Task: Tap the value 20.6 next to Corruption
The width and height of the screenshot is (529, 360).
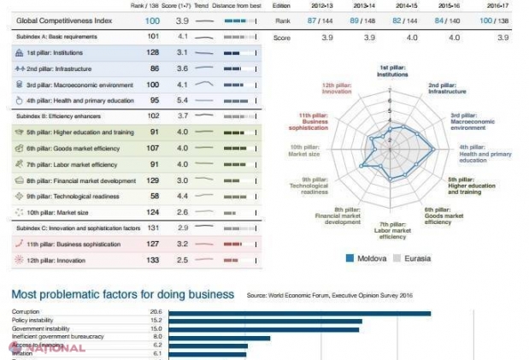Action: pos(156,313)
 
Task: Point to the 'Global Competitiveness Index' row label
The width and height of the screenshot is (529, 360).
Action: pos(52,20)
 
